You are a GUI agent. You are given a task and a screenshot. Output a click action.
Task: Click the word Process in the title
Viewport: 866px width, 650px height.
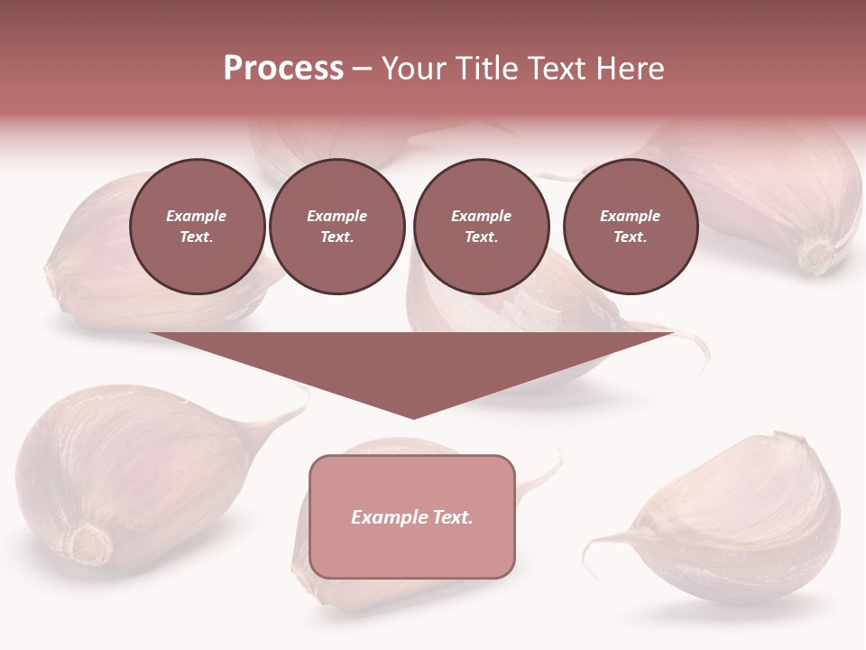tap(283, 69)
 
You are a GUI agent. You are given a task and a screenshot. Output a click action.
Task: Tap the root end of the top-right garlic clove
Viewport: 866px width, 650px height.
tap(817, 257)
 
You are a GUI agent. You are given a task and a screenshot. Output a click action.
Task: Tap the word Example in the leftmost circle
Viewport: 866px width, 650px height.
tap(197, 216)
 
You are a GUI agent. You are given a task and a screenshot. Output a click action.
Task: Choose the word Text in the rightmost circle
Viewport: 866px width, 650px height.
tap(631, 237)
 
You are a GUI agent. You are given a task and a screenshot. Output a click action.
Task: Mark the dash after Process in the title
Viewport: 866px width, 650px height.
tap(362, 69)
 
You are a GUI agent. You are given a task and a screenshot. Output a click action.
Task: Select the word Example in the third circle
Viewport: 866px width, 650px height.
tap(481, 216)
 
